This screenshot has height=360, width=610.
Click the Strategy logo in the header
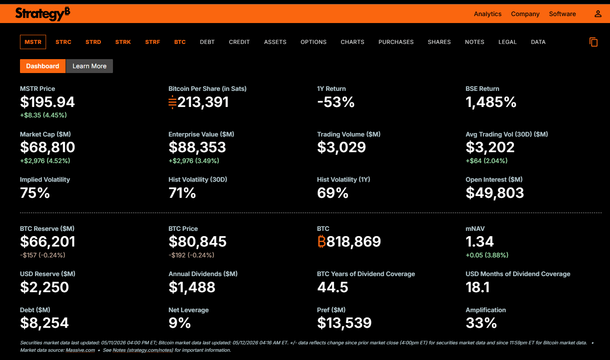pyautogui.click(x=43, y=13)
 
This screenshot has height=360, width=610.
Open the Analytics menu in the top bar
pyautogui.click(x=487, y=14)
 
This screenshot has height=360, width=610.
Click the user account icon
pyautogui.click(x=598, y=14)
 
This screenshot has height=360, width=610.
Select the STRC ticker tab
pyautogui.click(x=63, y=42)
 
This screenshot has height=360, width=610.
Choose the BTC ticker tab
pyautogui.click(x=180, y=42)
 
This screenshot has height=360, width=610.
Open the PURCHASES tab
pyautogui.click(x=396, y=42)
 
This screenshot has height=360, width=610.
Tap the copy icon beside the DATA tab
pyautogui.click(x=593, y=42)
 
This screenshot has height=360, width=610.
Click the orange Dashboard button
pyautogui.click(x=43, y=66)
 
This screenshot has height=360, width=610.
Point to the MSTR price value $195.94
pyautogui.click(x=47, y=102)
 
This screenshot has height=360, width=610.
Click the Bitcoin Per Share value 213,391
pyautogui.click(x=203, y=102)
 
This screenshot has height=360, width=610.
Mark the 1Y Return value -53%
pyautogui.click(x=336, y=102)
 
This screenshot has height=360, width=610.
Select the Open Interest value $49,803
pyautogui.click(x=494, y=193)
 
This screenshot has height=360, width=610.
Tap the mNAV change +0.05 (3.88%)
pyautogui.click(x=487, y=255)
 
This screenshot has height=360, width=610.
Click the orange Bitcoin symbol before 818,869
pyautogui.click(x=322, y=241)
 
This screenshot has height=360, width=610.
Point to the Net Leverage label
pyautogui.click(x=189, y=310)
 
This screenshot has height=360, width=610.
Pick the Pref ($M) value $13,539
pyautogui.click(x=344, y=323)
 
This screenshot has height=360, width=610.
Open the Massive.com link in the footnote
pyautogui.click(x=80, y=350)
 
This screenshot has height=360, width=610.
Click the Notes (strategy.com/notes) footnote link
pyautogui.click(x=143, y=350)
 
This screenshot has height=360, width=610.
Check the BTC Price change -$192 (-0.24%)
pyautogui.click(x=191, y=255)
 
